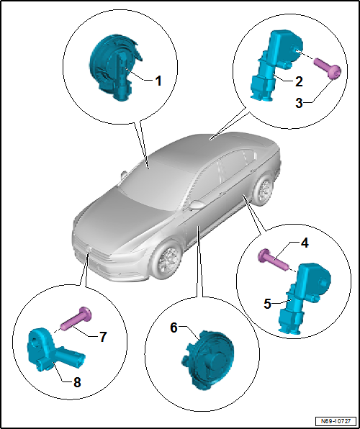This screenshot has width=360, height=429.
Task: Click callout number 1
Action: point(158,81)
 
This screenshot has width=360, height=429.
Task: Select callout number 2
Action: point(299,81)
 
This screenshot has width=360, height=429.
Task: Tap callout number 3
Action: point(299,103)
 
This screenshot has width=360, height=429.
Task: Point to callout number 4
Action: point(305,243)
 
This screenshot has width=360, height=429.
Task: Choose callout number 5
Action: point(268,304)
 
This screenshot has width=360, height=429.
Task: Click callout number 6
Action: point(174,328)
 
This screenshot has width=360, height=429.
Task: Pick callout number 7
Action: point(103,337)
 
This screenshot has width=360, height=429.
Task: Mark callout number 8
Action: point(77,382)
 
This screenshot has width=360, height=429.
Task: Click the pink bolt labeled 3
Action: point(328,68)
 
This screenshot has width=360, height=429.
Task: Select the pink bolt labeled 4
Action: point(273,260)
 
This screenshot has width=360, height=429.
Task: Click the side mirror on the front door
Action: point(197,205)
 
